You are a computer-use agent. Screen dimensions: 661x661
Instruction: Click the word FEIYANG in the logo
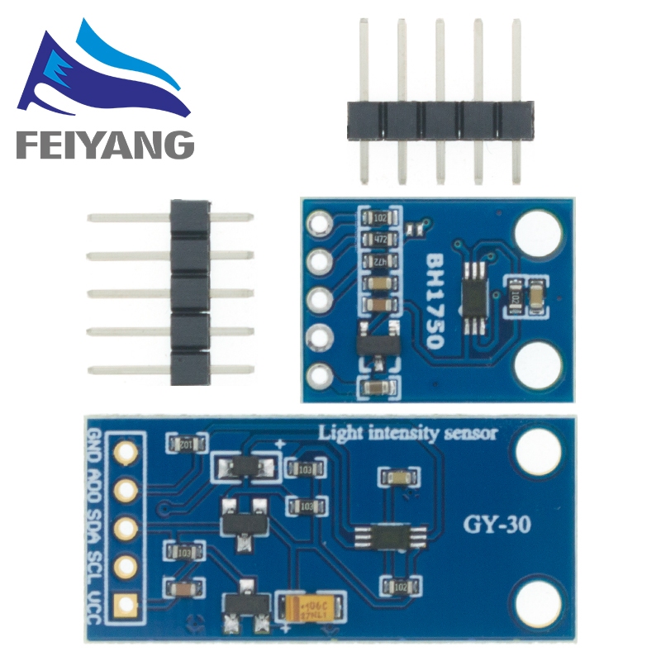tap(103, 145)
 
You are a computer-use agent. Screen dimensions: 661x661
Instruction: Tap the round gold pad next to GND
tap(126, 451)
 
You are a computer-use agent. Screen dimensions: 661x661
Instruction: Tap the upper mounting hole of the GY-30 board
tap(539, 453)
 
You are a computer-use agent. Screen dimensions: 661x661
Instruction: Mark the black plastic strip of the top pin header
tap(439, 120)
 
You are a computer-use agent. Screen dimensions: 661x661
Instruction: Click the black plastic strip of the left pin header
tap(189, 293)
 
